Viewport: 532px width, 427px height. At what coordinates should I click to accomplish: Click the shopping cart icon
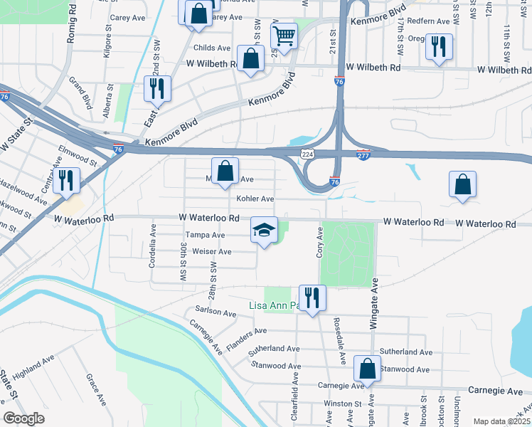tap(284, 36)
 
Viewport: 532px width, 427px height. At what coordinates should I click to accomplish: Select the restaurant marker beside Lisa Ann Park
tap(312, 297)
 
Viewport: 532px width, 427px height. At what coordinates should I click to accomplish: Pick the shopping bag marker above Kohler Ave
tap(225, 172)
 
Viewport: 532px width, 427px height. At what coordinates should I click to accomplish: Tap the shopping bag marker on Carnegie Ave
tap(367, 369)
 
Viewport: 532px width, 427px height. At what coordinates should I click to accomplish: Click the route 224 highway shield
tap(307, 154)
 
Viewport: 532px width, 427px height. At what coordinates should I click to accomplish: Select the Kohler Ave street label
tap(255, 199)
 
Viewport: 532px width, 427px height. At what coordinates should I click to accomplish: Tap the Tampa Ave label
tap(205, 235)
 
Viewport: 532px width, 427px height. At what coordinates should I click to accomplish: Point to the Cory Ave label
tap(319, 243)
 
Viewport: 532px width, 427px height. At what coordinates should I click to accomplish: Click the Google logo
tap(23, 418)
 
